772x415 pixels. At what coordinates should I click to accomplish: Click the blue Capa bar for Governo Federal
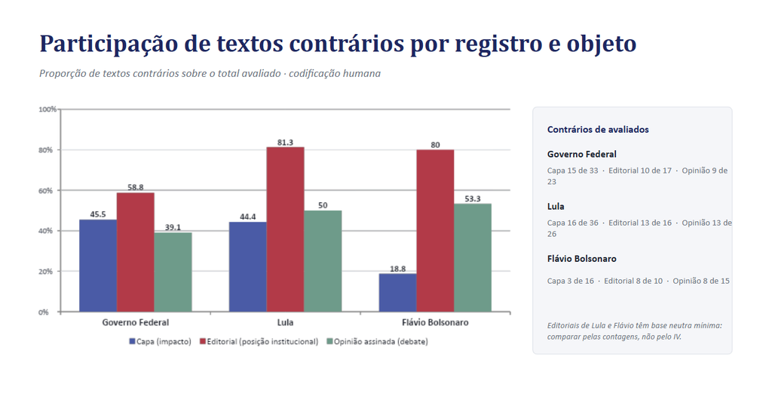pos(98,266)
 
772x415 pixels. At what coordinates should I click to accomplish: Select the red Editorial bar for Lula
pos(285,229)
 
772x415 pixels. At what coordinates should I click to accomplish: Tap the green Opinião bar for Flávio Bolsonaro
pos(473,258)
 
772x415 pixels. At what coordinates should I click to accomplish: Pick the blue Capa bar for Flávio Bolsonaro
pos(398,293)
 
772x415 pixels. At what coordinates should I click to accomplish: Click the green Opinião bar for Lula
pos(323,261)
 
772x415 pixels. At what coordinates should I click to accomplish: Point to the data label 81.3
pos(285,143)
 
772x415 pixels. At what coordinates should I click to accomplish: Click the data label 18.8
pos(398,269)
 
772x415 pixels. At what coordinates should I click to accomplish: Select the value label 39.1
pos(173,227)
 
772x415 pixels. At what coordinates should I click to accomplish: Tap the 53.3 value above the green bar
pos(473,198)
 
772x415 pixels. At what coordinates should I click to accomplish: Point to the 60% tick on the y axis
pos(46,191)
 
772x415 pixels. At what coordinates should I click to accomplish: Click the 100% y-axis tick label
pos(47,109)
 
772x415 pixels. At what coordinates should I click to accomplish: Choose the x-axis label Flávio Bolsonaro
pos(435,322)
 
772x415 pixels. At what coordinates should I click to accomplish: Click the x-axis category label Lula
pos(285,322)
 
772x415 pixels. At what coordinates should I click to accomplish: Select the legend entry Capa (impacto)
pos(160,342)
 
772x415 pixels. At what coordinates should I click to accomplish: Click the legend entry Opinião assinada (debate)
pos(377,342)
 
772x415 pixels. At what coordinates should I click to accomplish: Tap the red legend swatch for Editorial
pos(202,341)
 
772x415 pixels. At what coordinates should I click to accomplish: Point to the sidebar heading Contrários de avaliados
pos(598,130)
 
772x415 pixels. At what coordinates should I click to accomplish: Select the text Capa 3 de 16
pos(570,281)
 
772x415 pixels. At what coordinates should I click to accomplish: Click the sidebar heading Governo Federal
pos(581,154)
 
